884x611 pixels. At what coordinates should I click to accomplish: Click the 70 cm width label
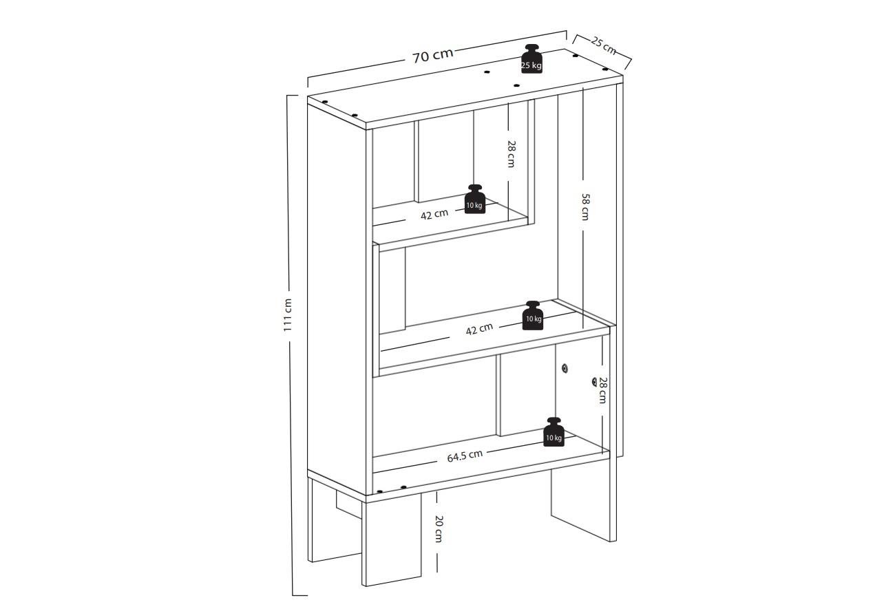tap(433, 55)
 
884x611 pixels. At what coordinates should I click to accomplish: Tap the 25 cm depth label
tap(603, 45)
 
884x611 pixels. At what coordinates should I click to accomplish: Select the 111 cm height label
tap(288, 314)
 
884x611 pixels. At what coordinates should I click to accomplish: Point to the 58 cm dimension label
tap(586, 206)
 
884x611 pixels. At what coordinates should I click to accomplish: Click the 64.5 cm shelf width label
tap(465, 455)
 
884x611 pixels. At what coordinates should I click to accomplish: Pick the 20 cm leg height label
tap(439, 528)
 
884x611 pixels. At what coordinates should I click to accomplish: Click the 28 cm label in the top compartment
tap(512, 154)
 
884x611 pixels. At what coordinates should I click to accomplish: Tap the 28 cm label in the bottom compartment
tap(602, 390)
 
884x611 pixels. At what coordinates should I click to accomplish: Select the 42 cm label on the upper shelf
tap(434, 215)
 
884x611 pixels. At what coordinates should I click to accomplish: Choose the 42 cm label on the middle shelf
tap(479, 329)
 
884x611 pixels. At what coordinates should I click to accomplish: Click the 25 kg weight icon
tap(532, 58)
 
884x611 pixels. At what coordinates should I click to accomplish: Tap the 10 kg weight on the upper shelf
tap(475, 200)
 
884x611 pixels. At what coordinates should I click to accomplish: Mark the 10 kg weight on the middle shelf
tap(533, 315)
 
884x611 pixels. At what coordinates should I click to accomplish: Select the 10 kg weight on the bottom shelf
tap(554, 432)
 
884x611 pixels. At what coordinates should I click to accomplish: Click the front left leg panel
tap(392, 539)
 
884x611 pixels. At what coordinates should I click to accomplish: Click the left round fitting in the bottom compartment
tap(565, 368)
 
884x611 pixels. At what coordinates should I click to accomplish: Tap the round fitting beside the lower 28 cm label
tap(594, 382)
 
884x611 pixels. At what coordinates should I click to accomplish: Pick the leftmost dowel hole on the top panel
tap(325, 102)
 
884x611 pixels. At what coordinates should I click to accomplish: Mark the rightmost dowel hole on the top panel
tap(605, 69)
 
